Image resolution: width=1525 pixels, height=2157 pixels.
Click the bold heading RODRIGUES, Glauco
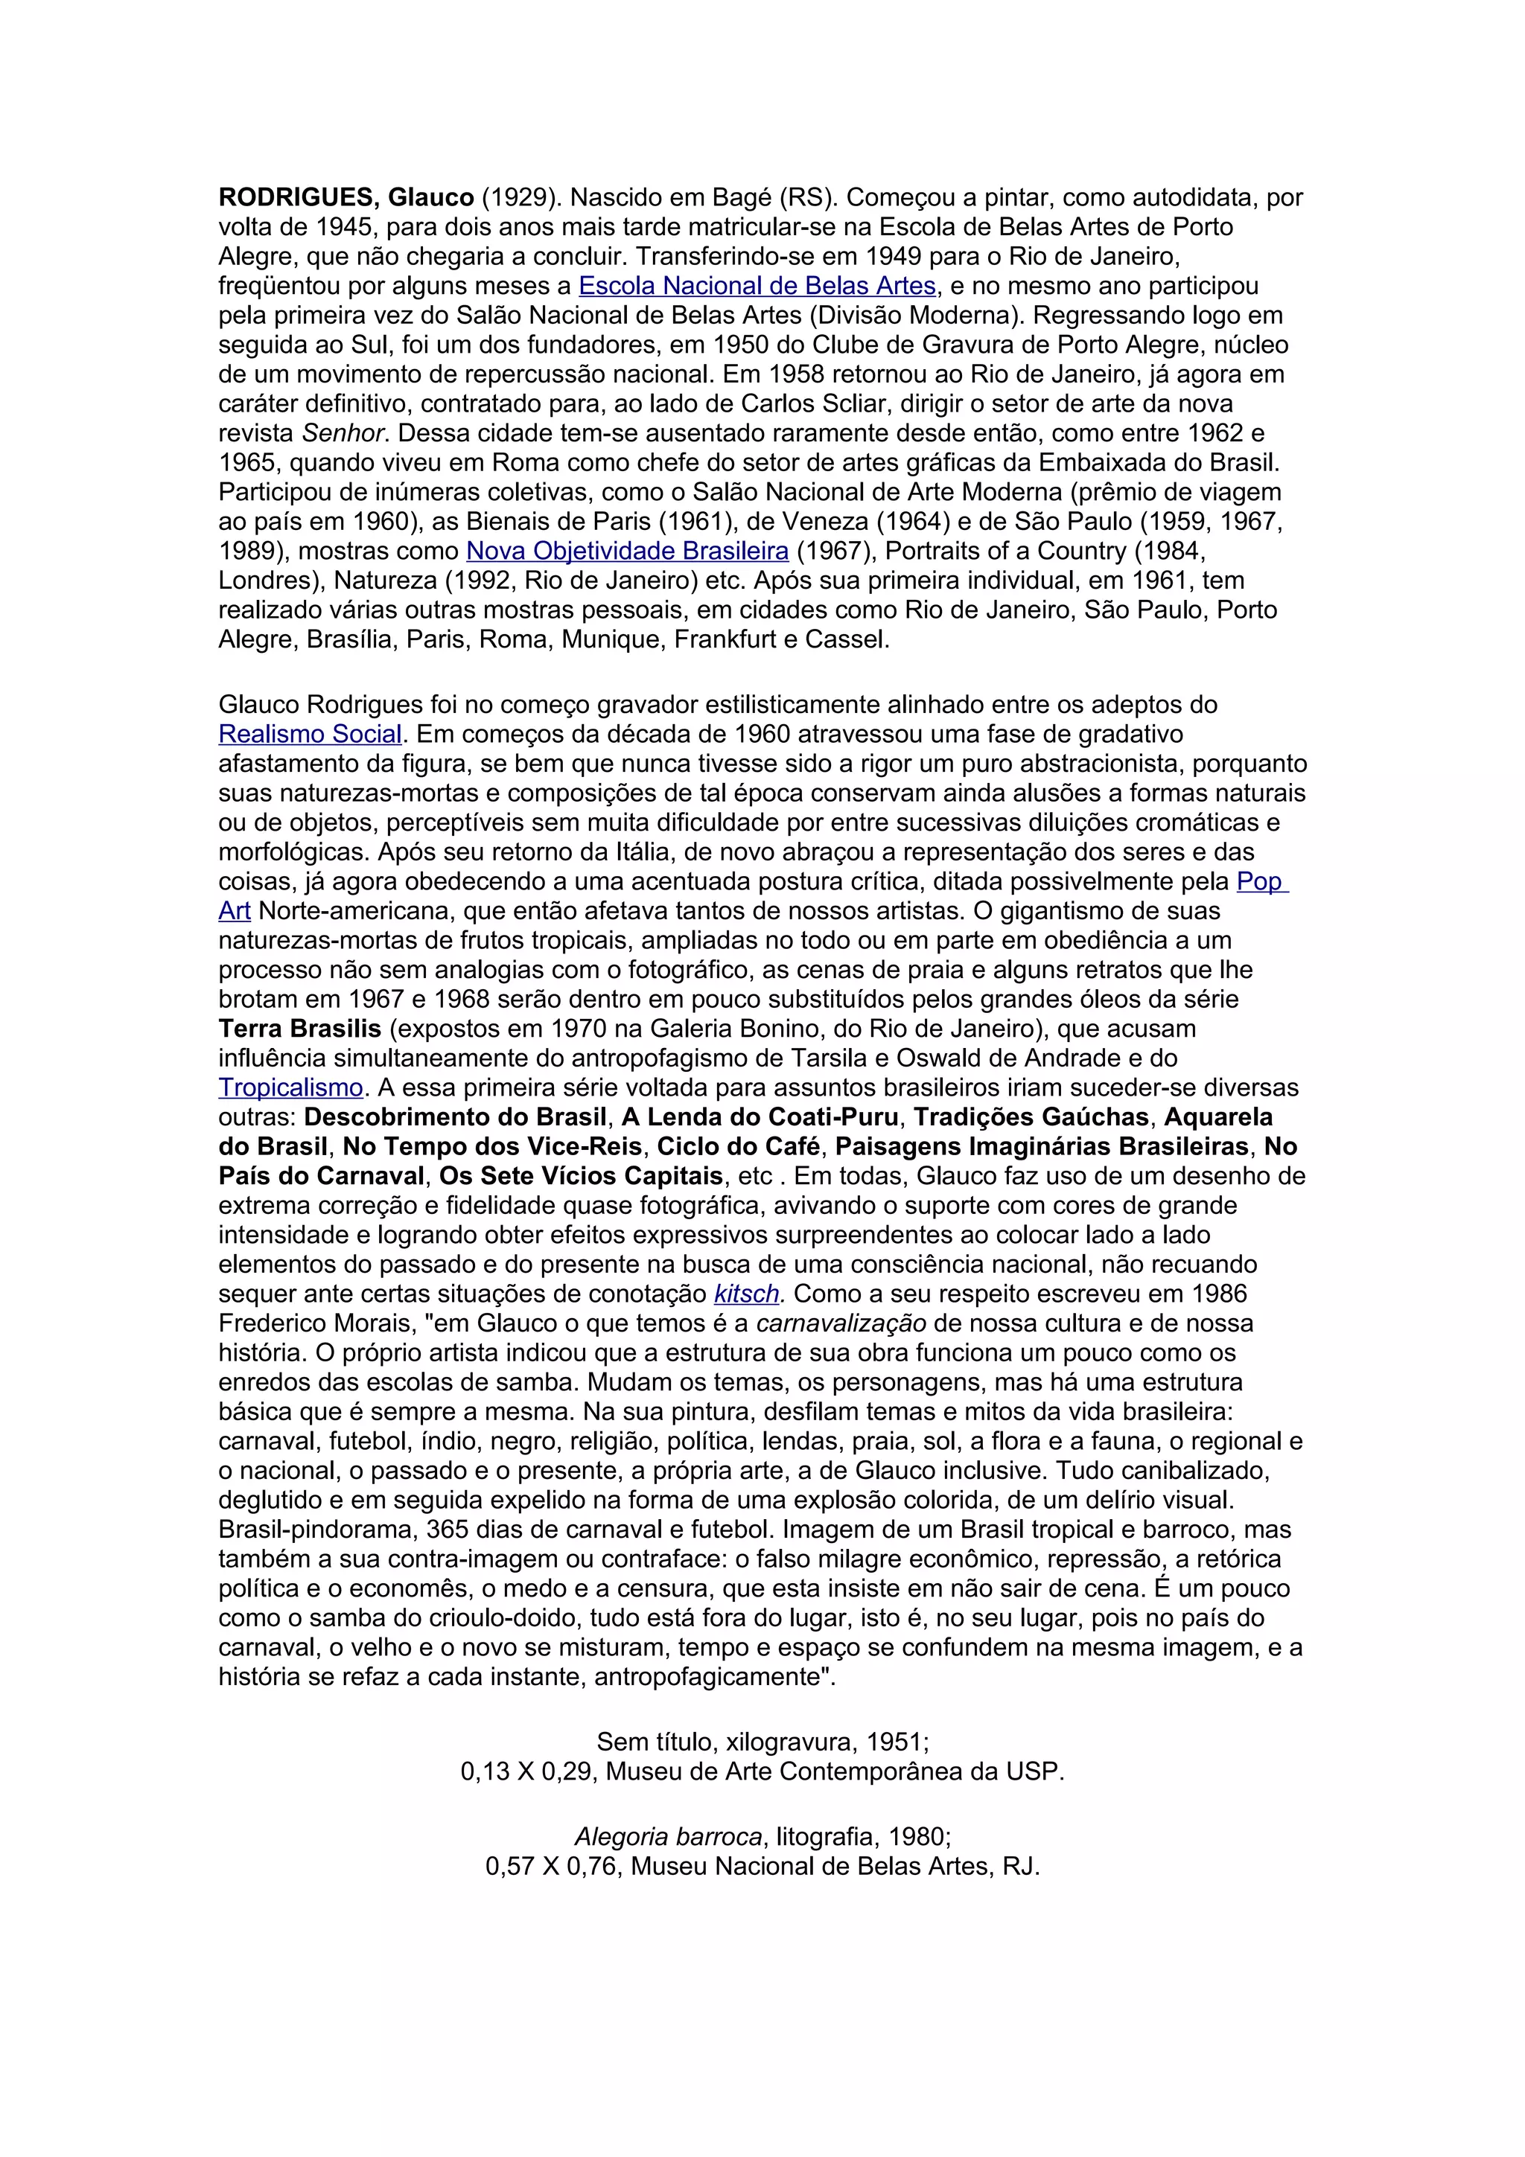pos(346,197)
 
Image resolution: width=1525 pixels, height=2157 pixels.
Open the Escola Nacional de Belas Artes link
pos(757,286)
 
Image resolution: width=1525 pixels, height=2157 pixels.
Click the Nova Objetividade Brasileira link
pos(627,551)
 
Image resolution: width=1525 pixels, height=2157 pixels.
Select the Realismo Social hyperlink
pos(310,734)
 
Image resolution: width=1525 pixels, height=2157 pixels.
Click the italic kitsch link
pos(746,1294)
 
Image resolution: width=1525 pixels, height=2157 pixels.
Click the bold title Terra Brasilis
pos(300,1028)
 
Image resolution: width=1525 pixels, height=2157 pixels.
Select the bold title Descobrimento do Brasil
pos(455,1117)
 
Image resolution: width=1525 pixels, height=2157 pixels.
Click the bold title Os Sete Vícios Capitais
pos(582,1176)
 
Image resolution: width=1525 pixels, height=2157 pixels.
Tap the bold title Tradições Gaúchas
pos(1031,1117)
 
